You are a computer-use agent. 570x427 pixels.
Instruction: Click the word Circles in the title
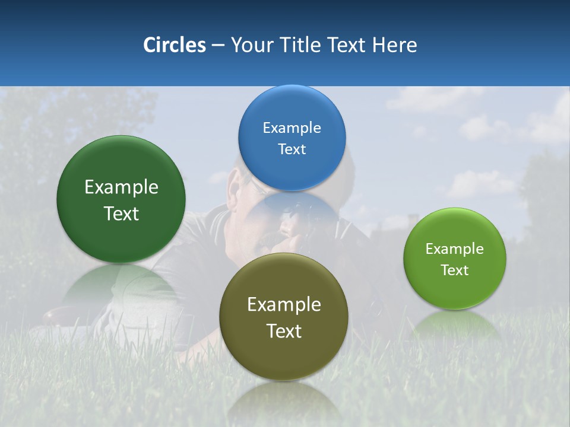point(174,45)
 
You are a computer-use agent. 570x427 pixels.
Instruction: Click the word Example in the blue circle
point(292,128)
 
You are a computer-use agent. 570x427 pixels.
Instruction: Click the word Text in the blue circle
point(292,149)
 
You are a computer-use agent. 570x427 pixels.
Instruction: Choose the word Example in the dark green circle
point(121,187)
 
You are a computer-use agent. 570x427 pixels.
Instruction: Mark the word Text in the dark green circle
point(121,213)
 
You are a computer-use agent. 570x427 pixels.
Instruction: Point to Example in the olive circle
point(284,305)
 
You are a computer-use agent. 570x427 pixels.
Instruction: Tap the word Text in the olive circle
point(284,331)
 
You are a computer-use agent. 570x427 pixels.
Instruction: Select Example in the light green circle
point(455,249)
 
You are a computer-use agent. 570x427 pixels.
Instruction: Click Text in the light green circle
point(455,270)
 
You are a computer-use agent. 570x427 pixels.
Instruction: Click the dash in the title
point(218,45)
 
